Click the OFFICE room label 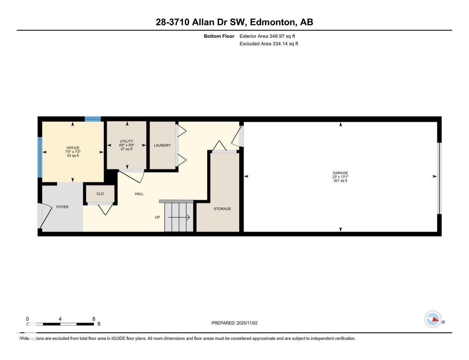[73, 148]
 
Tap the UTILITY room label [127, 141]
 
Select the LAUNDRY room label [162, 145]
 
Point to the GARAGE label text [340, 173]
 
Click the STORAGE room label [222, 209]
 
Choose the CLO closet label [100, 194]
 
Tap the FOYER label [62, 207]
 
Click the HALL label [139, 194]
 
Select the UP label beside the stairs [157, 217]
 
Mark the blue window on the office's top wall [93, 119]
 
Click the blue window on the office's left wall [40, 157]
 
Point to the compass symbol [433, 320]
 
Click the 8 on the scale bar [94, 319]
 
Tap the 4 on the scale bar [60, 319]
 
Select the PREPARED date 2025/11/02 [247, 323]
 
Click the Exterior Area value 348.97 [277, 36]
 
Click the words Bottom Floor [219, 36]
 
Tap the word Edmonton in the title [273, 22]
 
